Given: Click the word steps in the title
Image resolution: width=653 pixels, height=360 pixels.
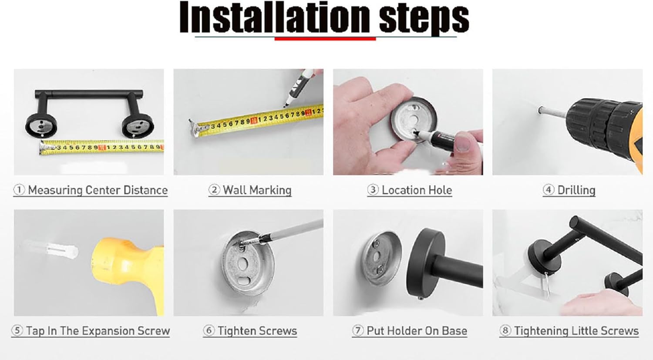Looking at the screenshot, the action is [x=424, y=19].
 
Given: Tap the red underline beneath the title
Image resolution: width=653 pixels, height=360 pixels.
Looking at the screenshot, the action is [x=325, y=38].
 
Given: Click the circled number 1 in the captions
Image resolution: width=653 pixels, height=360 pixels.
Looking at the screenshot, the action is [x=19, y=190].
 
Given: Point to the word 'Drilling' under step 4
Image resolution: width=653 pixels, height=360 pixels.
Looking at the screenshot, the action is [x=576, y=190].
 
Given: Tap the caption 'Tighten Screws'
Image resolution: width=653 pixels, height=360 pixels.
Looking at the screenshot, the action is [x=257, y=331].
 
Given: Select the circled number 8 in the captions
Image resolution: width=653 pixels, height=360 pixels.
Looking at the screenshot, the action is [x=505, y=330].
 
